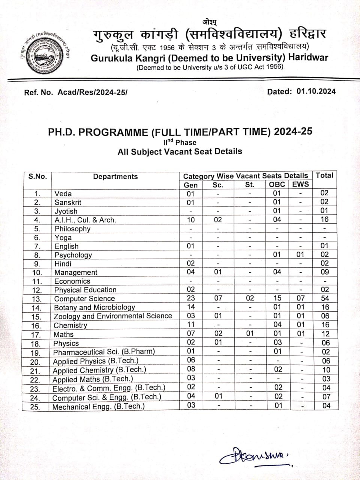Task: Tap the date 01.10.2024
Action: pos(316,91)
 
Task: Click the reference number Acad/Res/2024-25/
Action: pos(92,92)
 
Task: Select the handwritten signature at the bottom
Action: pos(255,456)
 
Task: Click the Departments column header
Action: pos(115,177)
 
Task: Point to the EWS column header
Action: pos(300,184)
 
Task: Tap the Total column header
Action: pos(324,175)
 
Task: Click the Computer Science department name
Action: pos(84,298)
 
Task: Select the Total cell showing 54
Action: pos(325,298)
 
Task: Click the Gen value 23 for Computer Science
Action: pos(191,298)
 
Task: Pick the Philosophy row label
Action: pos(72,229)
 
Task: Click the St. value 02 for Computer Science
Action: pos(250,298)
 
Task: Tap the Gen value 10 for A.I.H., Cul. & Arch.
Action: pos(191,220)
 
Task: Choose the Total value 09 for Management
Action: pos(325,272)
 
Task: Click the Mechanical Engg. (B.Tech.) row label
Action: pos(98,406)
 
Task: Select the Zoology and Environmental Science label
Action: pos(112,316)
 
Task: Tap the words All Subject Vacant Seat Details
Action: pos(180,151)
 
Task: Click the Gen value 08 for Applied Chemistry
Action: pos(191,369)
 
